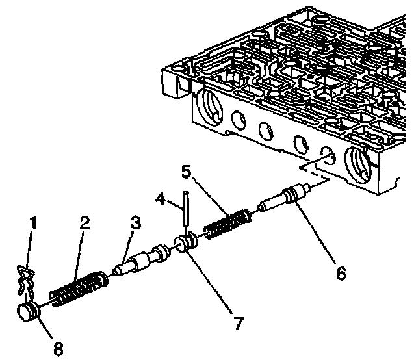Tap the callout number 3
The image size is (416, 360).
pos(135,223)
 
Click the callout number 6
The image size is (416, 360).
pos(341,274)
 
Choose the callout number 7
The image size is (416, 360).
pos(239,322)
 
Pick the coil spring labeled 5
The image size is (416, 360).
pos(227,224)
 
